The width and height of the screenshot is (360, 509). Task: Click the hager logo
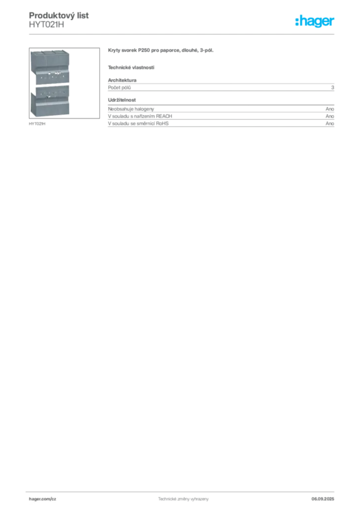point(315,21)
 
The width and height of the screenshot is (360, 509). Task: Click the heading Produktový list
point(59,15)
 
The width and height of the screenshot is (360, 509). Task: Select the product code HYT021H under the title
point(46,25)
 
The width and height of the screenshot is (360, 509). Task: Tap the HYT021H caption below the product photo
point(37,124)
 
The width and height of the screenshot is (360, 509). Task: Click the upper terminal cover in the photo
point(50,67)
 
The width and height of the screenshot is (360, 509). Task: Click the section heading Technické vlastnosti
point(131,68)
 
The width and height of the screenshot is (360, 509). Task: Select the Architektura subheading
point(122,80)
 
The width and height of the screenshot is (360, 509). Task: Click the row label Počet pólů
point(119,87)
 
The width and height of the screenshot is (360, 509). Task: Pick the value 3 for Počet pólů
point(333,87)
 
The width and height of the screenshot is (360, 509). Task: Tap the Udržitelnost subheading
point(122,100)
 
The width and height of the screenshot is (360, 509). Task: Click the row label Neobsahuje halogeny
point(131,109)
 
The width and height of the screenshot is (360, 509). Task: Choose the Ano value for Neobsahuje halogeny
point(330,109)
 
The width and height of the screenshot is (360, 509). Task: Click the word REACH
point(164,116)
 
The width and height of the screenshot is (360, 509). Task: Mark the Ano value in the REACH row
point(330,116)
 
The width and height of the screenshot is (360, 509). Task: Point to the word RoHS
point(162,123)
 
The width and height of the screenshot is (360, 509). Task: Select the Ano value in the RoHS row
point(330,123)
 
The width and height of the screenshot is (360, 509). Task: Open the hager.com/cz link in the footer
point(43,499)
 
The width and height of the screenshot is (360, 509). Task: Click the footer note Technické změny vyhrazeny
point(183,499)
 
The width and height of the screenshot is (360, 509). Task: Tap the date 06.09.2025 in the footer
point(323,499)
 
